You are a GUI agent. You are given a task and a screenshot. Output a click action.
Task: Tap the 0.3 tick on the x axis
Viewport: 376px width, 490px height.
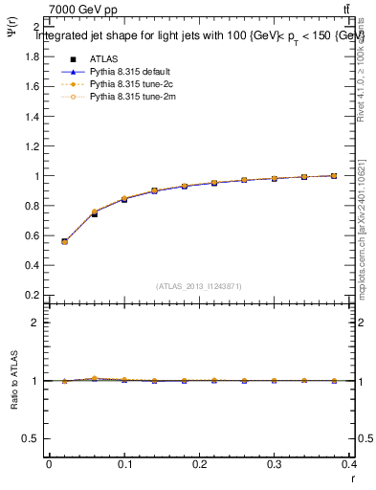click(x=275, y=464)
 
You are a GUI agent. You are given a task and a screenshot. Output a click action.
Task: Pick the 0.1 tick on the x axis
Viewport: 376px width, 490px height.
click(x=123, y=464)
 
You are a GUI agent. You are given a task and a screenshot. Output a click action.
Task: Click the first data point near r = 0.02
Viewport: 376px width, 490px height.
click(x=64, y=241)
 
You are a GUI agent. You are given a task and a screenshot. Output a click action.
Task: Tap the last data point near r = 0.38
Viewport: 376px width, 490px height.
click(x=334, y=176)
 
